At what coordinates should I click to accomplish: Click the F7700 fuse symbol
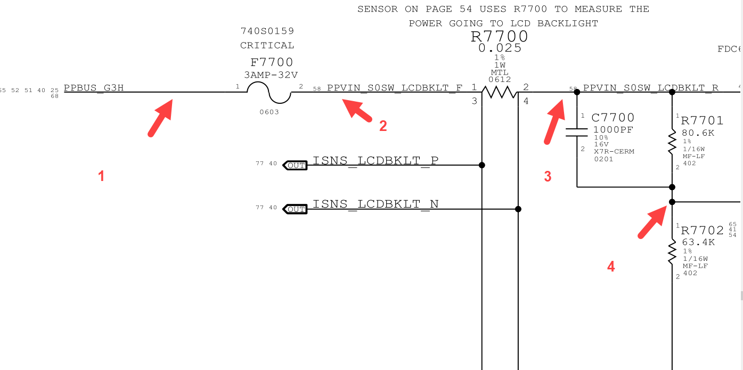pos(269,95)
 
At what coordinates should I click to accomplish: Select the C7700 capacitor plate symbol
pos(577,132)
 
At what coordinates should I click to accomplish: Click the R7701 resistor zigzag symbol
pos(672,141)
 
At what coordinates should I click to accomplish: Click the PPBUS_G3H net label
pos(94,88)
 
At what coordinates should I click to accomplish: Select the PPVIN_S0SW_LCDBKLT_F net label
pos(395,88)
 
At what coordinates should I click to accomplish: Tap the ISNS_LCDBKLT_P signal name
pos(375,160)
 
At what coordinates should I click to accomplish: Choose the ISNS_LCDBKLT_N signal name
pos(375,204)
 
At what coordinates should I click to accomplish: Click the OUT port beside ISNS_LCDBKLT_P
pos(295,166)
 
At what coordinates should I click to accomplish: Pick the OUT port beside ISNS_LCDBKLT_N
pos(295,209)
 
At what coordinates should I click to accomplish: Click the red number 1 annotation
pos(101,176)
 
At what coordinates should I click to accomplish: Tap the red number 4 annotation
pos(611,266)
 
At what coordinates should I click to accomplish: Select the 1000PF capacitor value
pos(614,129)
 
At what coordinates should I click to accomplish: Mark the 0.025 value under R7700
pos(500,48)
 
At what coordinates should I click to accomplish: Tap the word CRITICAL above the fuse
pos(267,45)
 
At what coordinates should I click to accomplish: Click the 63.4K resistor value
pos(698,243)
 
